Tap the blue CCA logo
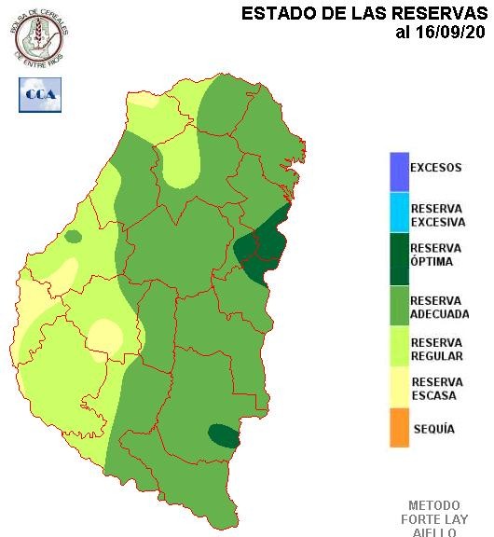point(40,95)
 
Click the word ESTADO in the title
point(277,14)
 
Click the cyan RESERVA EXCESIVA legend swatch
point(399,213)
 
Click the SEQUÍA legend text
point(432,429)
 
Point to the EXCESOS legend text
point(435,169)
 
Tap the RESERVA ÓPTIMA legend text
point(435,255)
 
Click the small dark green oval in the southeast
point(223,435)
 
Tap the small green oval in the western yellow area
point(73,236)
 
